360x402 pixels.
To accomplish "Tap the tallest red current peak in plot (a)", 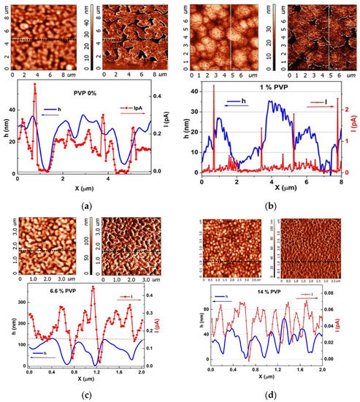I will [x=34, y=84].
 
